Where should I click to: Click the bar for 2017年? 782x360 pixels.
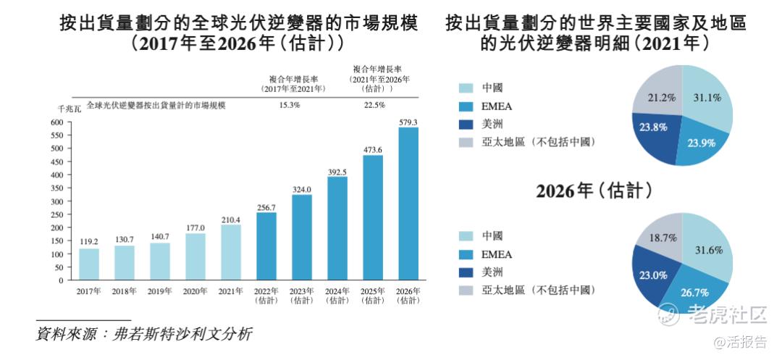tap(89, 264)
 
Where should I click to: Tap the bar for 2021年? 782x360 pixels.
tap(231, 252)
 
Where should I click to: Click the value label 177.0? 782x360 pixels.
tap(195, 227)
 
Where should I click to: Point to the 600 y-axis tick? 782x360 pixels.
tap(56, 122)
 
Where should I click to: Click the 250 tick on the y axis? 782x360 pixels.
tap(56, 214)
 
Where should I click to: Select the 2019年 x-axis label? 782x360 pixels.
tap(160, 292)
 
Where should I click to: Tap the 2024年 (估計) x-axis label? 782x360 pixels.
tap(337, 296)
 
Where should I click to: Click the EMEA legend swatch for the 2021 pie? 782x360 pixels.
tap(467, 106)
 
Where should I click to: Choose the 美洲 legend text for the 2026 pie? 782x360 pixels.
tap(492, 272)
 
